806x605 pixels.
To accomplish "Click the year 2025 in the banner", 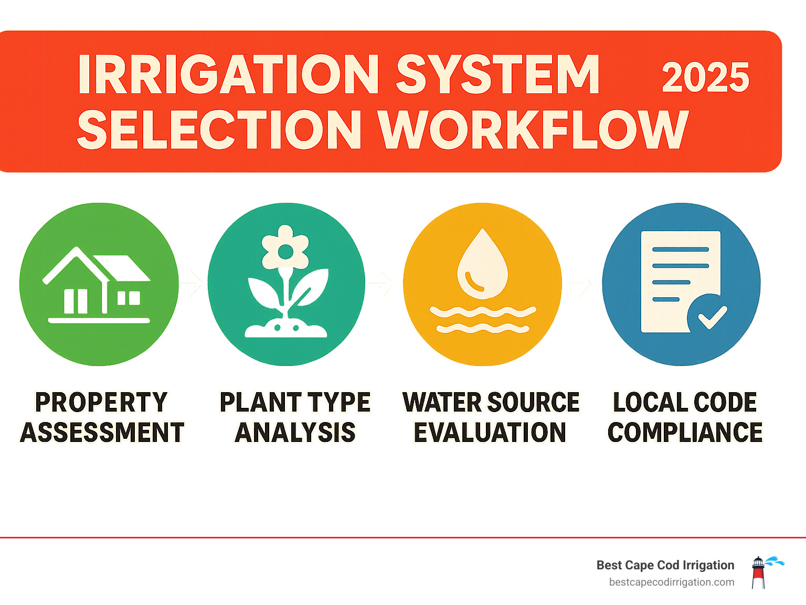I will click(705, 78).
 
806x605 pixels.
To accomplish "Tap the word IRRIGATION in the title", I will click(229, 74).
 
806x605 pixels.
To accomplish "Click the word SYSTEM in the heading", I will click(497, 74).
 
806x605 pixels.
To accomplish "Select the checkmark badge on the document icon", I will click(707, 314).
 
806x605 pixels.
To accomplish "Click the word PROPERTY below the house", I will click(101, 403).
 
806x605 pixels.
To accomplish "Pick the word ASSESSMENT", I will click(102, 433).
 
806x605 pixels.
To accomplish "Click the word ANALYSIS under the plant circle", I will click(295, 433).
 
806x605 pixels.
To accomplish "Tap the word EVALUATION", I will click(490, 433).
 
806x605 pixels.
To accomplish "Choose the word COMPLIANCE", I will click(685, 433).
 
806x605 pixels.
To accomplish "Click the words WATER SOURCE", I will click(491, 403).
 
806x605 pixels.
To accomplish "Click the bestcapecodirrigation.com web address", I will click(672, 582).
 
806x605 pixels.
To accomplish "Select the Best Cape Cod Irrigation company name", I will click(665, 565).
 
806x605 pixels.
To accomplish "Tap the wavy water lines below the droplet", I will click(482, 320).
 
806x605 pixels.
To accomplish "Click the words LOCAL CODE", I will click(685, 403).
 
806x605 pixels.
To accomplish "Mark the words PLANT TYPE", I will click(295, 403).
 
